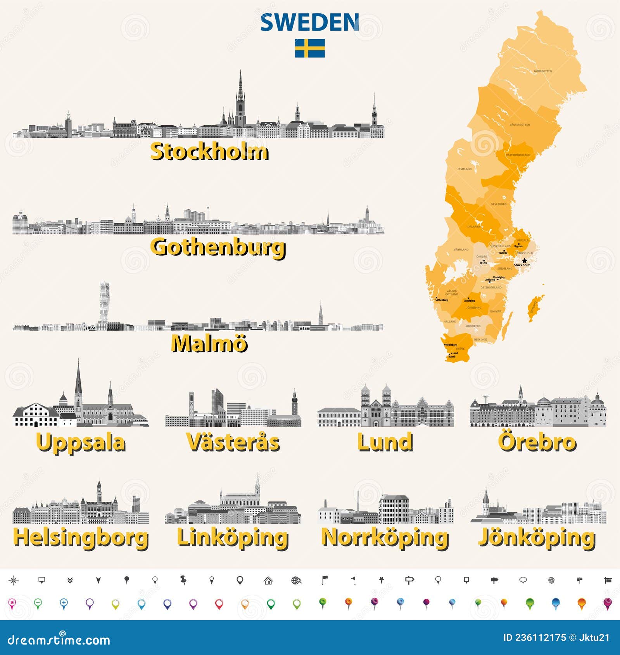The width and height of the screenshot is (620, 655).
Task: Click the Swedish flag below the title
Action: [310, 48]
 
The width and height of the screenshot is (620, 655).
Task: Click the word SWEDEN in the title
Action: [309, 22]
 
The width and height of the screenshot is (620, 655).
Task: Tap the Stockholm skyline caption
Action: [209, 152]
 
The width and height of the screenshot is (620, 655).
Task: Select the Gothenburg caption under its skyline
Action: [218, 247]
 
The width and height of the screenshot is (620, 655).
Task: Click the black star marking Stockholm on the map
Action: [525, 261]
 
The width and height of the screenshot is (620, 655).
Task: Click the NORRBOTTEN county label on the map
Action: [542, 71]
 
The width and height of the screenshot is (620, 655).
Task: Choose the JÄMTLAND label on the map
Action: [464, 169]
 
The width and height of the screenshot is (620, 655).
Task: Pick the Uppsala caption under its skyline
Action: [81, 442]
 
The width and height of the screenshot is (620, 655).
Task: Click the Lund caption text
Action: [385, 442]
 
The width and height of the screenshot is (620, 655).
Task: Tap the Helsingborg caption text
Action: [81, 538]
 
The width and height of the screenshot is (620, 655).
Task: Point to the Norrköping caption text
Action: [385, 538]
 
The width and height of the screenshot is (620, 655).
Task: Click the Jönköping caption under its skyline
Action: [537, 538]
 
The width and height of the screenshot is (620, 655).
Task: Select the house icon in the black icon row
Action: [268, 580]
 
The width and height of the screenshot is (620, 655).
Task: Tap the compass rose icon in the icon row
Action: [14, 580]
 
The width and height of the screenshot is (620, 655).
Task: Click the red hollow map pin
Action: [219, 604]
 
